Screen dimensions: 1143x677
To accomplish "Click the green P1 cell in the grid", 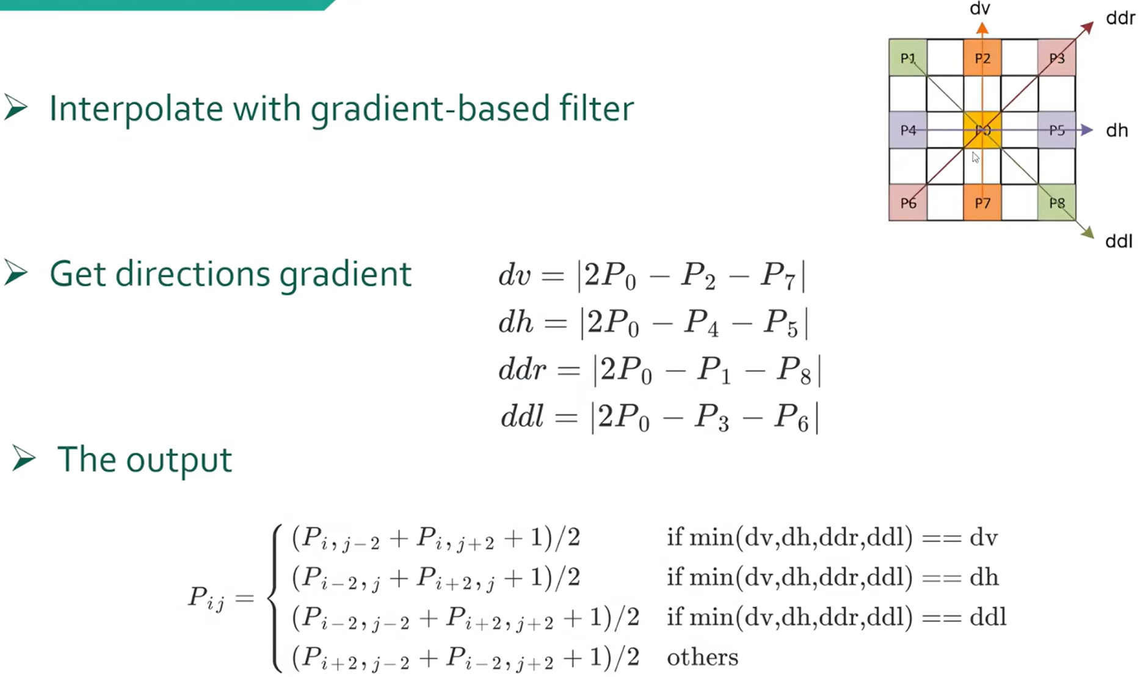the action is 908,58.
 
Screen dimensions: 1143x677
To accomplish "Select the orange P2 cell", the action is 982,58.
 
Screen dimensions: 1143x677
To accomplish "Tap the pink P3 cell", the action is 1057,58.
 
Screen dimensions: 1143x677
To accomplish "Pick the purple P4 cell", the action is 908,130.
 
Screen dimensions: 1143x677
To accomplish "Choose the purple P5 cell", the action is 1057,130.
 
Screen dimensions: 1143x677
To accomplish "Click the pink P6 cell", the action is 908,203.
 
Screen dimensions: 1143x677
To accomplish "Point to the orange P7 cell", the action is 982,203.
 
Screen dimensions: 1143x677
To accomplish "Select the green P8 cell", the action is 1057,203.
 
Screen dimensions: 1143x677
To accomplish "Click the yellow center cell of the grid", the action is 982,130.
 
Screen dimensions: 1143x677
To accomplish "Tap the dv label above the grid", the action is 980,9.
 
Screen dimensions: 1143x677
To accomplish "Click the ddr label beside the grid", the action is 1120,18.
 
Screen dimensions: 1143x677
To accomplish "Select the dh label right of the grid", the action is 1117,130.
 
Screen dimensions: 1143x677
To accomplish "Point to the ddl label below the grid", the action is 1119,241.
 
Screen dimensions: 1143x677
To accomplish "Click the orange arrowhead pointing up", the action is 982,28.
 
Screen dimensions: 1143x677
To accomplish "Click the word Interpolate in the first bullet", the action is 136,109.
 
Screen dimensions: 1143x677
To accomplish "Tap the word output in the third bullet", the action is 179,460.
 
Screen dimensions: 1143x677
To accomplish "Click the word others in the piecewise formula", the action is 703,657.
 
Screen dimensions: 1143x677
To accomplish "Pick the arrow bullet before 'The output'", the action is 23,458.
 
